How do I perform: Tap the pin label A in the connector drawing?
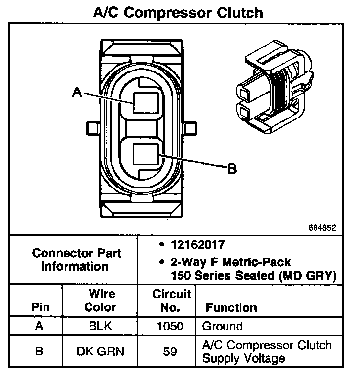coord(77,91)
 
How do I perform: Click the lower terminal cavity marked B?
coord(145,156)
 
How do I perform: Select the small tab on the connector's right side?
coord(195,129)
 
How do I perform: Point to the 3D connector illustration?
coord(276,91)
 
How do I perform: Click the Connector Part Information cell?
coord(76,260)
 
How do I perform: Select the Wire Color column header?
coord(101,301)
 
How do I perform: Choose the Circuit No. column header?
coord(171,301)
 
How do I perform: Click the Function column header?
coord(231,307)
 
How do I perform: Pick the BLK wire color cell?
coord(101,327)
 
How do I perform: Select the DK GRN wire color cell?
coord(101,352)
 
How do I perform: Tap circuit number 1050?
coord(171,327)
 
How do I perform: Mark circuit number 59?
coord(171,352)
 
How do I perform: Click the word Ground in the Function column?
coord(222,327)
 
